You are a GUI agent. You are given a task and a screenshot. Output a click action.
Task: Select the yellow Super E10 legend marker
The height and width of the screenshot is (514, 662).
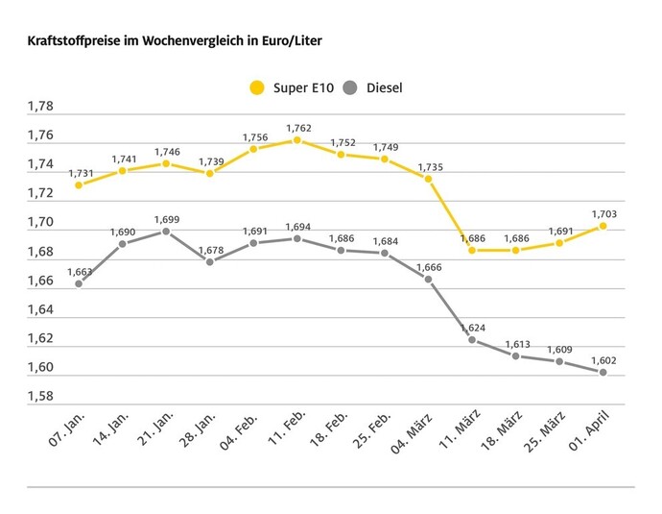point(256,88)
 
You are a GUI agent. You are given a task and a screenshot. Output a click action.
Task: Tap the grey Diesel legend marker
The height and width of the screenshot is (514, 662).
point(349,88)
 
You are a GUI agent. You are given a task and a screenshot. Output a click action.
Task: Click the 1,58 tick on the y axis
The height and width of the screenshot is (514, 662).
point(42,397)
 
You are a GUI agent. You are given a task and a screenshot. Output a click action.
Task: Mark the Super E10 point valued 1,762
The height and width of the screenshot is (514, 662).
point(296,140)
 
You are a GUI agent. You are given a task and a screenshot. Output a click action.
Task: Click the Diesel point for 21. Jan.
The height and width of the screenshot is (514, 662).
point(165,232)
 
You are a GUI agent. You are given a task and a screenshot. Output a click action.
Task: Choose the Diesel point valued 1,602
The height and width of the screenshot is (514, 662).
point(603,372)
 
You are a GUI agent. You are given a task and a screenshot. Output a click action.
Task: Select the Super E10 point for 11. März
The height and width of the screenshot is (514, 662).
point(471,250)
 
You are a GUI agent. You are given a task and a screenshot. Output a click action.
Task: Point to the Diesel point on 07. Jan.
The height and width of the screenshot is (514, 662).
point(78,283)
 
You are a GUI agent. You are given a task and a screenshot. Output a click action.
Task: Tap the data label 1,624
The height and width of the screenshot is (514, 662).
point(471,328)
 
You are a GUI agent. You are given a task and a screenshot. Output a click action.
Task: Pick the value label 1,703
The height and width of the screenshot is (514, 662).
point(603,213)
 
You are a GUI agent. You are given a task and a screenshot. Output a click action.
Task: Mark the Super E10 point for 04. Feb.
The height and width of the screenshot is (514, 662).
point(253,149)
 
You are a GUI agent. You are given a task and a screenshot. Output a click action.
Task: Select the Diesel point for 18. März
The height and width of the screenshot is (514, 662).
point(515,356)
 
